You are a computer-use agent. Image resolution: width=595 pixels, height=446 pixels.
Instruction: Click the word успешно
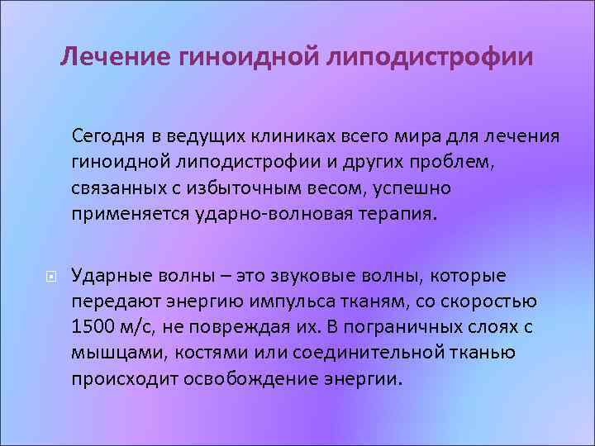(412, 187)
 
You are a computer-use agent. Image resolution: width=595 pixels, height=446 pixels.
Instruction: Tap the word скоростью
(491, 301)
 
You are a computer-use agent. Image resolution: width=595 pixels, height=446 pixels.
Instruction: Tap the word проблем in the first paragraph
(463, 161)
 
